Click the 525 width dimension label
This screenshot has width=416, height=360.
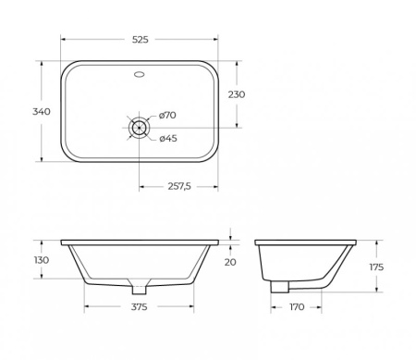click(140, 40)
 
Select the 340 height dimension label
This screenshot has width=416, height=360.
click(41, 111)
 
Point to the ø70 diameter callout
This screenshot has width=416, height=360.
click(167, 115)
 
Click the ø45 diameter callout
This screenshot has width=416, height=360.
click(167, 139)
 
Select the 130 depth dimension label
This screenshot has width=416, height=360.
click(41, 260)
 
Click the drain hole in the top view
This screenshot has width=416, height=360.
click(140, 128)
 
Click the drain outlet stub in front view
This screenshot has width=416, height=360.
click(140, 286)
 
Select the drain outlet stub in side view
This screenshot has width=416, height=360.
click(276, 288)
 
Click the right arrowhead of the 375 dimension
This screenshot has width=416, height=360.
click(193, 306)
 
